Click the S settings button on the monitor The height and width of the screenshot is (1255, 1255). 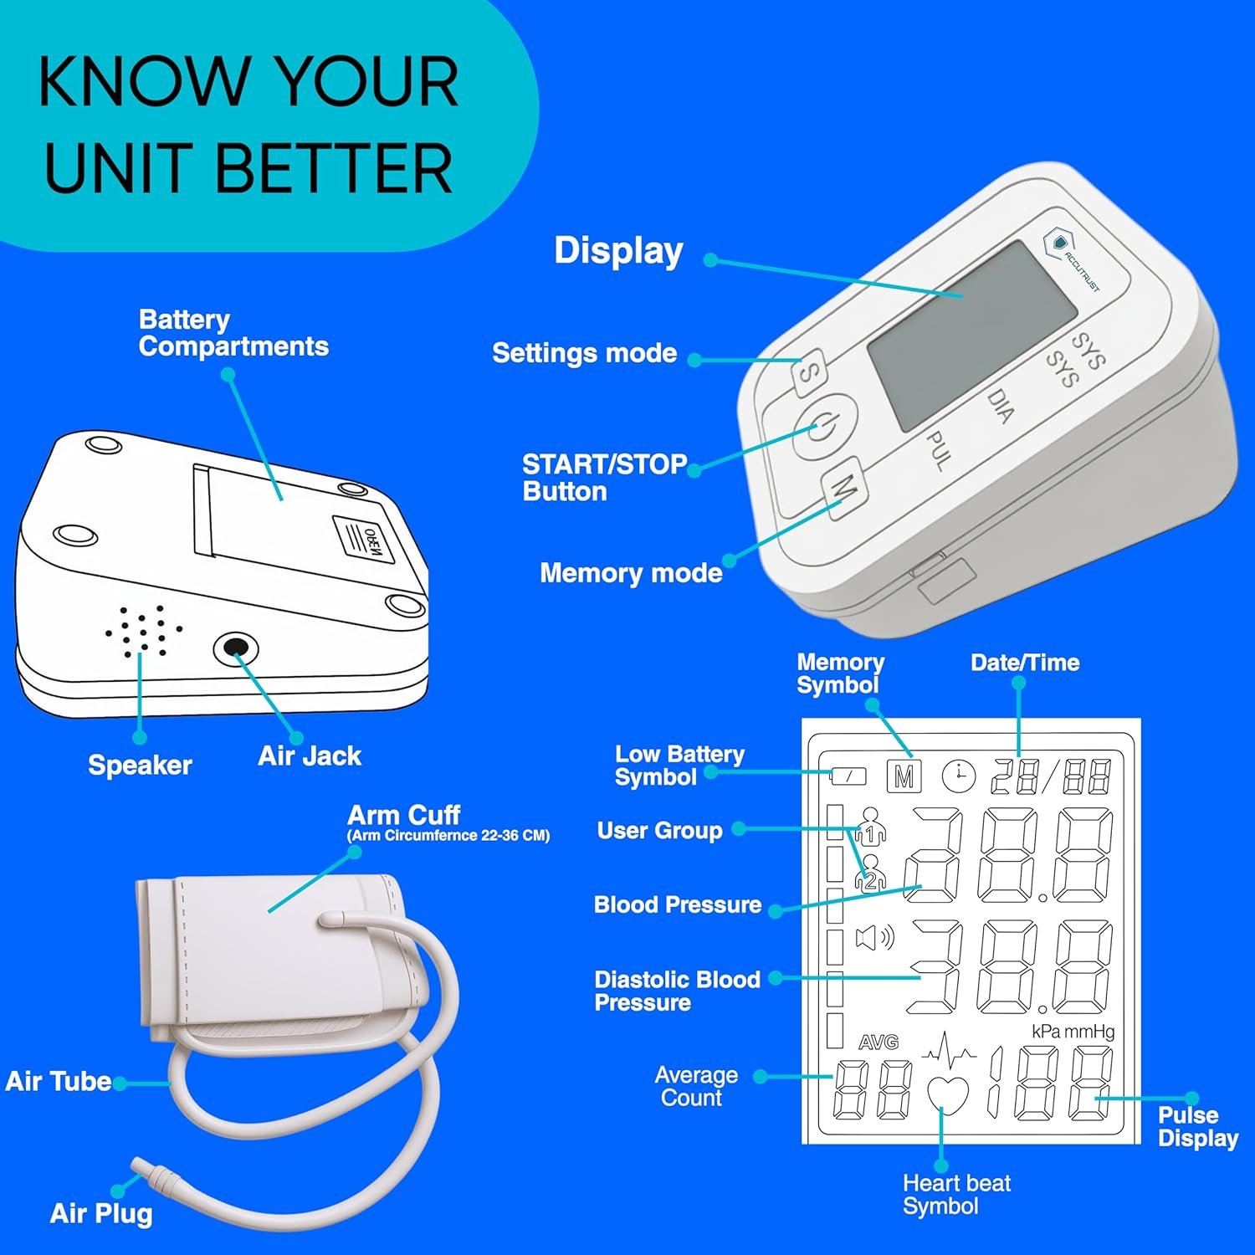pyautogui.click(x=808, y=373)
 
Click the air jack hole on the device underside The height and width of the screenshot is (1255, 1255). pyautogui.click(x=235, y=648)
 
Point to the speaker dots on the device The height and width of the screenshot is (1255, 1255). pyautogui.click(x=143, y=629)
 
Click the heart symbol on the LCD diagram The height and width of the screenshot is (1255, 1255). pyautogui.click(x=948, y=1095)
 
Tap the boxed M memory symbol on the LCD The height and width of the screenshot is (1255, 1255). pyautogui.click(x=904, y=776)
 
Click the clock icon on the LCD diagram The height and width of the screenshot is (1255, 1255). pyautogui.click(x=959, y=776)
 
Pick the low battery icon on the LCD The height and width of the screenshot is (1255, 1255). pyautogui.click(x=848, y=776)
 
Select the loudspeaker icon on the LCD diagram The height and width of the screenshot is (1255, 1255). pyautogui.click(x=874, y=937)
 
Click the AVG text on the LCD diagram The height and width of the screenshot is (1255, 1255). pyautogui.click(x=878, y=1042)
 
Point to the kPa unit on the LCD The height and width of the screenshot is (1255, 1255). pyautogui.click(x=1046, y=1032)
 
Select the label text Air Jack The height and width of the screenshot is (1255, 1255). pyautogui.click(x=310, y=756)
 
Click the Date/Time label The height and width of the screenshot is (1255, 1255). pyautogui.click(x=1025, y=663)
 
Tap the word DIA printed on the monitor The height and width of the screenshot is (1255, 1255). pyautogui.click(x=1001, y=405)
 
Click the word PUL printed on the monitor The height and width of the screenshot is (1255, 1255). pyautogui.click(x=940, y=450)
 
